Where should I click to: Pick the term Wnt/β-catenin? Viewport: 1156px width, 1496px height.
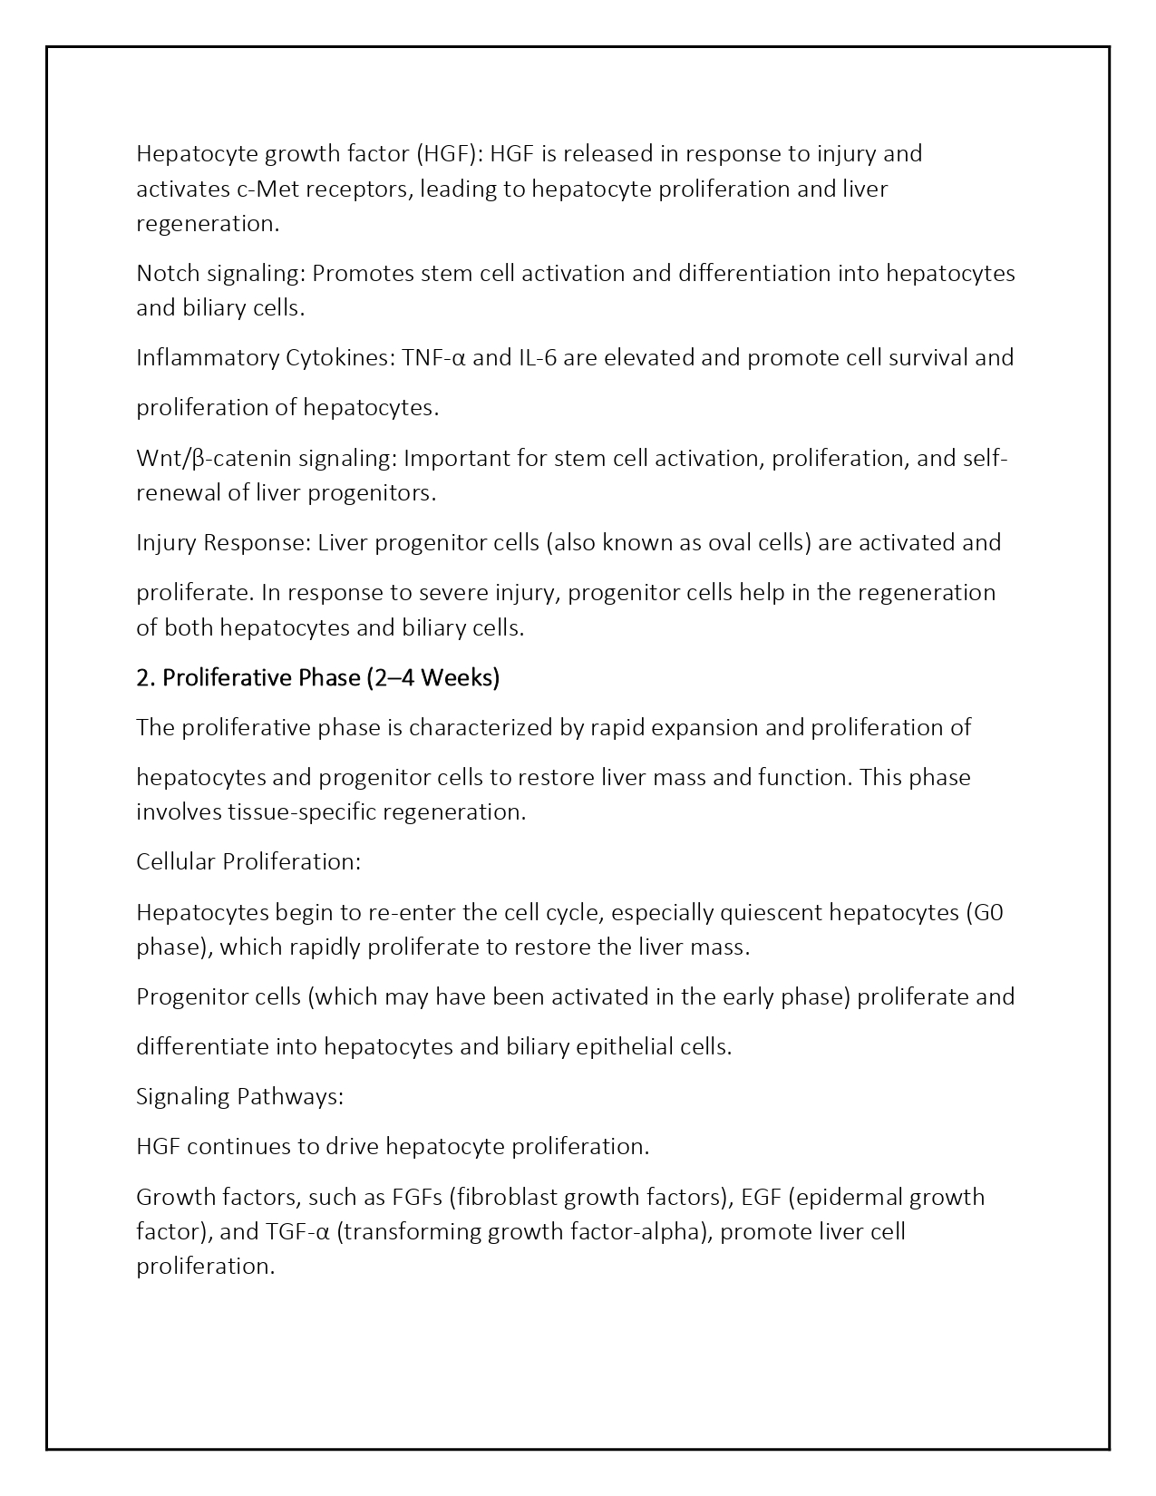coord(214,459)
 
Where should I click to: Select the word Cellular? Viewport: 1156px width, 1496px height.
coord(176,862)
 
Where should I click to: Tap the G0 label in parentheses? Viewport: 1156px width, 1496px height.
coord(985,912)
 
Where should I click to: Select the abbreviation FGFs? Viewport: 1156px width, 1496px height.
coord(416,1198)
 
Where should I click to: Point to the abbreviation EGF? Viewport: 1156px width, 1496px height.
coord(761,1198)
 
